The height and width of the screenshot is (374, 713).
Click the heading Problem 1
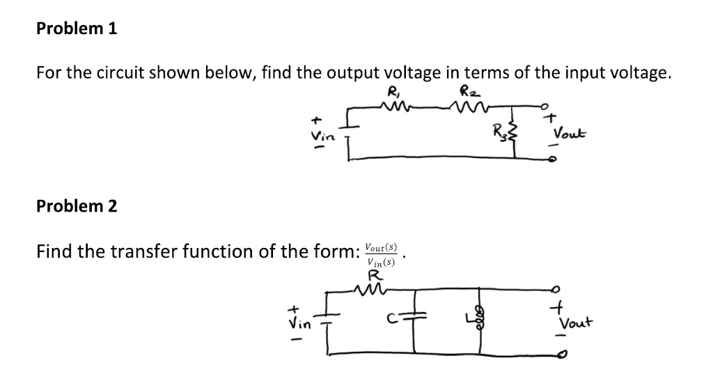(77, 29)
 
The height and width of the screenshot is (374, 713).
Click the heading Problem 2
(77, 206)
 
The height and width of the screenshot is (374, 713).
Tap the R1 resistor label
(392, 91)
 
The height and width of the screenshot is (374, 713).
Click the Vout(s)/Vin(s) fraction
(380, 254)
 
